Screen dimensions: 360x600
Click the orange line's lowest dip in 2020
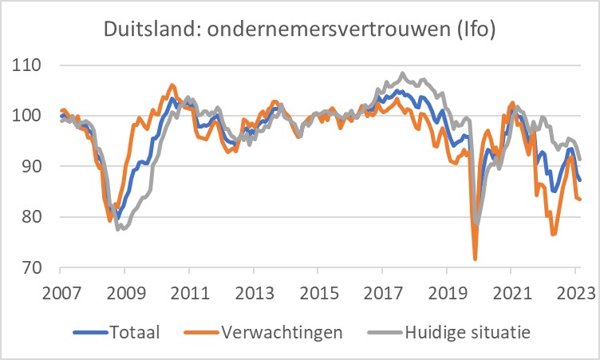(475, 259)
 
